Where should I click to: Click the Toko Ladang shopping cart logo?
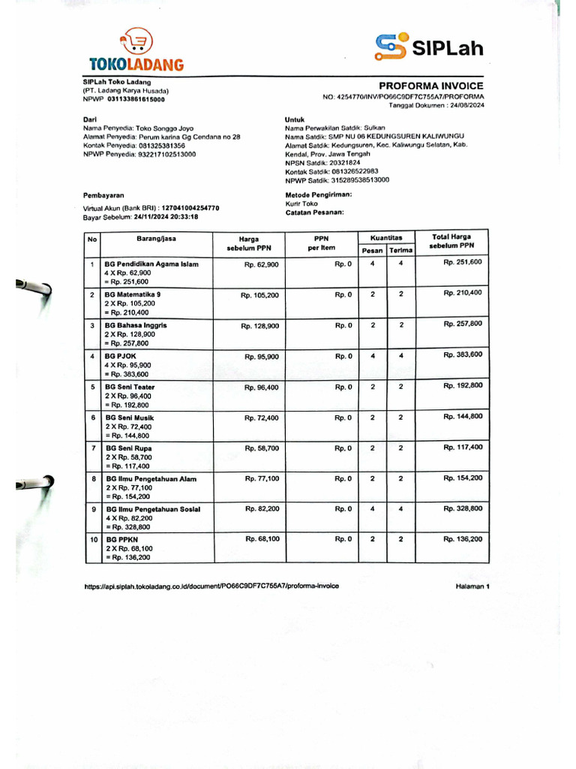136,41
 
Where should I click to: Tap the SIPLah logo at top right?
429,47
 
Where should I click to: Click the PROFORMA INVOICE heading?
430,86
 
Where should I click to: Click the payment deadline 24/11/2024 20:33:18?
166,216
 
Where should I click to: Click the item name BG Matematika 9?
133,294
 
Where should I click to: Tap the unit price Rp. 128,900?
260,326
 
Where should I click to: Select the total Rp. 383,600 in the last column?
462,354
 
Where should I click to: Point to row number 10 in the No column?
91,540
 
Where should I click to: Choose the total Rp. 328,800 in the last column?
462,508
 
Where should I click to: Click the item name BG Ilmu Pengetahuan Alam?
151,478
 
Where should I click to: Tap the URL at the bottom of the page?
211,586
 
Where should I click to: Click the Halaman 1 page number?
472,586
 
